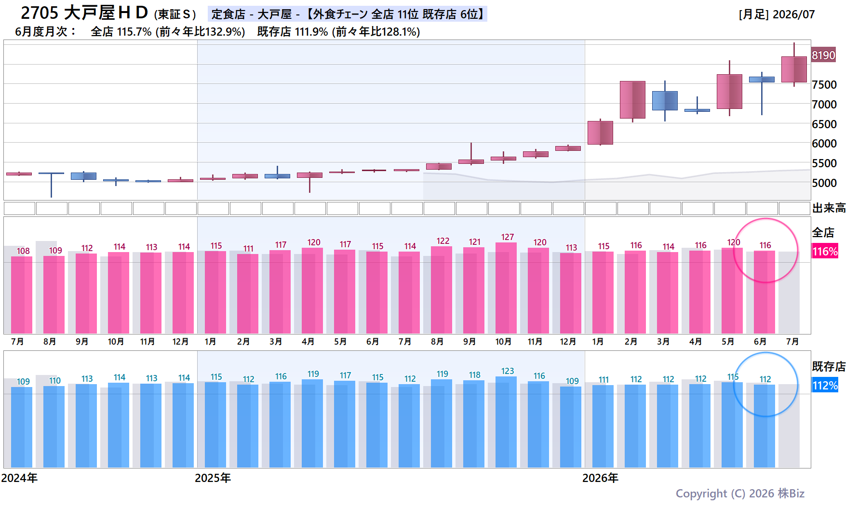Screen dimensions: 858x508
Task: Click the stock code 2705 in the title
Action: click(40, 13)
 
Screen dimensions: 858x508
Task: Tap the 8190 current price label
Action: click(823, 55)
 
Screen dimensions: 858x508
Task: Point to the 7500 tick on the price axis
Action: click(824, 85)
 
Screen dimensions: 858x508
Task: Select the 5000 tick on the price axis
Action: click(824, 183)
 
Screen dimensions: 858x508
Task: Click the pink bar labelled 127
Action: click(506, 288)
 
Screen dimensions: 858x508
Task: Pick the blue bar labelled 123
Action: click(506, 422)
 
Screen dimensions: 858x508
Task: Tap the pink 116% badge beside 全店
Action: click(825, 251)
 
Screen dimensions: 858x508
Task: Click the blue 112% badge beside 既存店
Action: click(825, 385)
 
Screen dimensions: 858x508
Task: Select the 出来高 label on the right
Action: click(829, 208)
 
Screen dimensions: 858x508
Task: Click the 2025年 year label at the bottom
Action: click(213, 478)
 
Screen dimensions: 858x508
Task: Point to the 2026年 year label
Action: click(600, 478)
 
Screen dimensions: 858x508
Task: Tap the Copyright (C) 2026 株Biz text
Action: click(740, 494)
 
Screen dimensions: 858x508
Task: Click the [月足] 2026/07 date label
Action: click(777, 14)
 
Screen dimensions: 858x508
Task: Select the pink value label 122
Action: click(443, 241)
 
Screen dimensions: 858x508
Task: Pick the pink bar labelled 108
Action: click(22, 295)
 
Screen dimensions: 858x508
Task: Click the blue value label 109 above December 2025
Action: click(572, 381)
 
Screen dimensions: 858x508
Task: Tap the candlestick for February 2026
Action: click(632, 100)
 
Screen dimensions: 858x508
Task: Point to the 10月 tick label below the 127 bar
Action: click(503, 342)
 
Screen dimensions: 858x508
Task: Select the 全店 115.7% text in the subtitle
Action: click(121, 32)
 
